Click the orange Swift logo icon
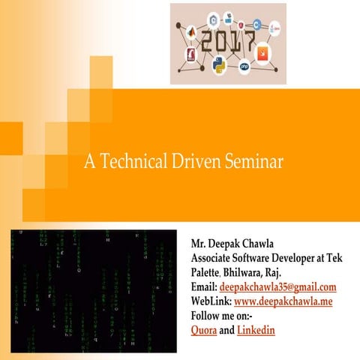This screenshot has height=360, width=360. pos(262,55)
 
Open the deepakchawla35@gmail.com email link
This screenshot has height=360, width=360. pos(277,287)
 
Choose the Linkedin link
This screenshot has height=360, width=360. pos(256,330)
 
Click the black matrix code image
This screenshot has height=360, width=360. pos(93,291)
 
